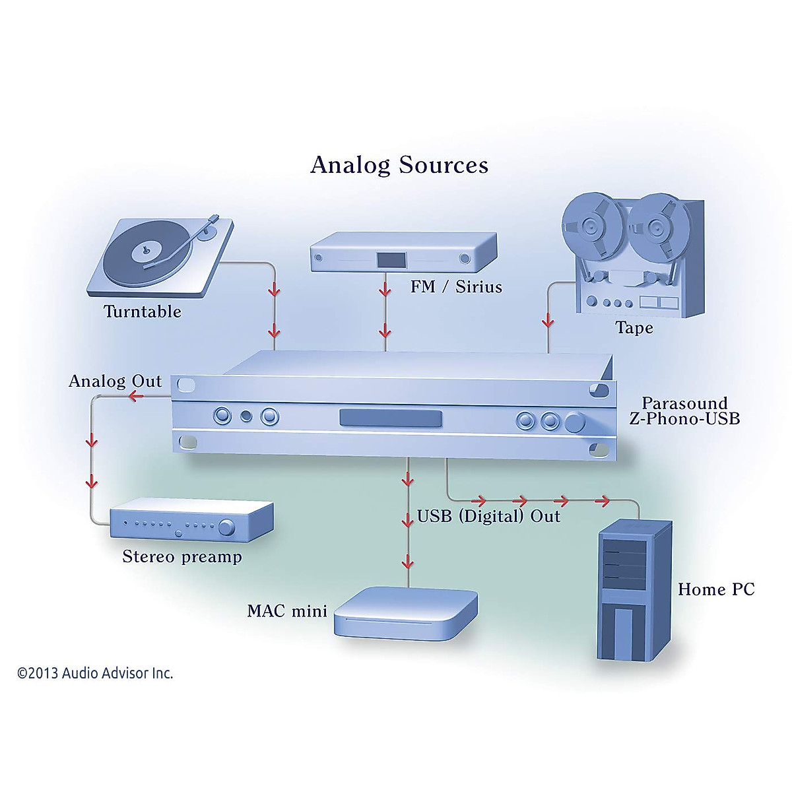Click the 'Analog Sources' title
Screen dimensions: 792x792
pyautogui.click(x=399, y=165)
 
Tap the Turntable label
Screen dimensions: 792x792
pyautogui.click(x=143, y=312)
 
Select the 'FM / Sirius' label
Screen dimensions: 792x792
pyautogui.click(x=456, y=287)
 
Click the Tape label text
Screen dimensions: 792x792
pyautogui.click(x=634, y=328)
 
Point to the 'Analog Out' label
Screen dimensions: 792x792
pyautogui.click(x=115, y=381)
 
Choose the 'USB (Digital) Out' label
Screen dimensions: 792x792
pyautogui.click(x=488, y=516)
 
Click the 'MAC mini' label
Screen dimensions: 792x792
pyautogui.click(x=287, y=611)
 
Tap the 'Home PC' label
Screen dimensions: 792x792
pyautogui.click(x=716, y=589)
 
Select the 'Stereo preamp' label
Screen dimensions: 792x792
pyautogui.click(x=182, y=557)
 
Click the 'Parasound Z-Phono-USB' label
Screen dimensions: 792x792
pyautogui.click(x=684, y=411)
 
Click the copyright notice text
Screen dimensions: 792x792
pyautogui.click(x=95, y=673)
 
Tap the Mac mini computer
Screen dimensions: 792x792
pyautogui.click(x=405, y=614)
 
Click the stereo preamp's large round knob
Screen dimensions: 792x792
pyautogui.click(x=227, y=527)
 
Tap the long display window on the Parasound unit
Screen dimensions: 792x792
pyautogui.click(x=391, y=418)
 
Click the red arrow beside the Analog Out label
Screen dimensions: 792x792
pyautogui.click(x=137, y=396)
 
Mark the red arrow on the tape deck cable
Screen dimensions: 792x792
pyautogui.click(x=548, y=321)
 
